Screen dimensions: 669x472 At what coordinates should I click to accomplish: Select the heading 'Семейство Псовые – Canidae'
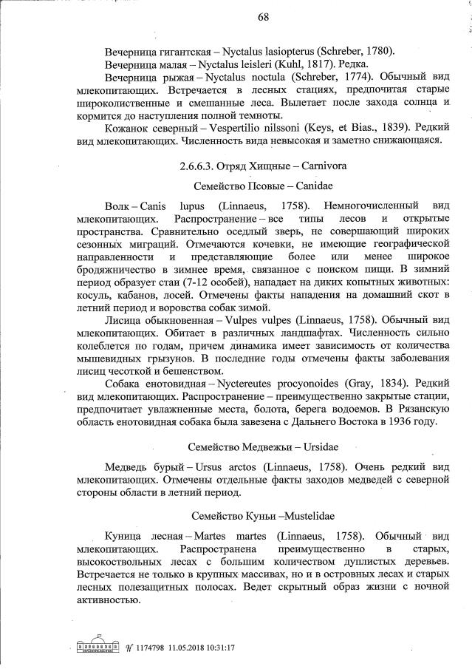[x=262, y=186]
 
